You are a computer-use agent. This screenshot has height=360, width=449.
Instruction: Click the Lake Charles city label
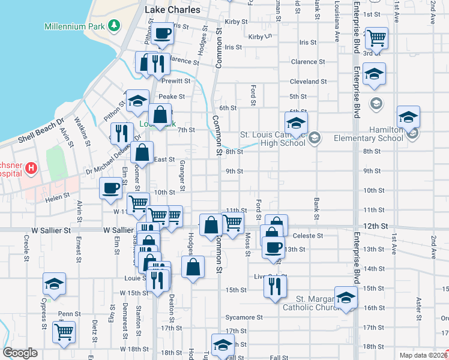click(x=168, y=10)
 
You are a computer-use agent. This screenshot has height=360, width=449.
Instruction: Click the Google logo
click(x=20, y=353)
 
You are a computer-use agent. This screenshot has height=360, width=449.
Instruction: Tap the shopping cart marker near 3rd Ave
click(x=376, y=38)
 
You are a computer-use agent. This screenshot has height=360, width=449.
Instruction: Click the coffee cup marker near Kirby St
click(x=161, y=34)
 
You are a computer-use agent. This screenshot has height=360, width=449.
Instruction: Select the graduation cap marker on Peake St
click(x=137, y=101)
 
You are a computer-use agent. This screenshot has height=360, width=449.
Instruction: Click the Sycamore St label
click(x=244, y=317)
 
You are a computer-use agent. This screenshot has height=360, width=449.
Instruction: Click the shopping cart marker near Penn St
click(x=64, y=332)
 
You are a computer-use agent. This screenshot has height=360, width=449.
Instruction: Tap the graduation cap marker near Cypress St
click(x=54, y=284)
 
